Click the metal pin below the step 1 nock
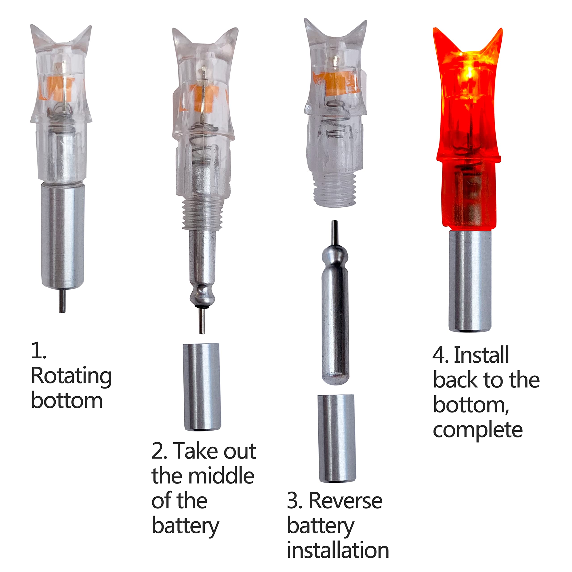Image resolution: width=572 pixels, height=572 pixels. (x=62, y=300)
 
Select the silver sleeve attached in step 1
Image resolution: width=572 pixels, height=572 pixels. (x=63, y=235)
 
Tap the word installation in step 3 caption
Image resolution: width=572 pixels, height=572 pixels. (x=338, y=550)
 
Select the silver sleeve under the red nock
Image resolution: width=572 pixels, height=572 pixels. (x=470, y=281)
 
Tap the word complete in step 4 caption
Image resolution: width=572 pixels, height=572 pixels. (x=477, y=431)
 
